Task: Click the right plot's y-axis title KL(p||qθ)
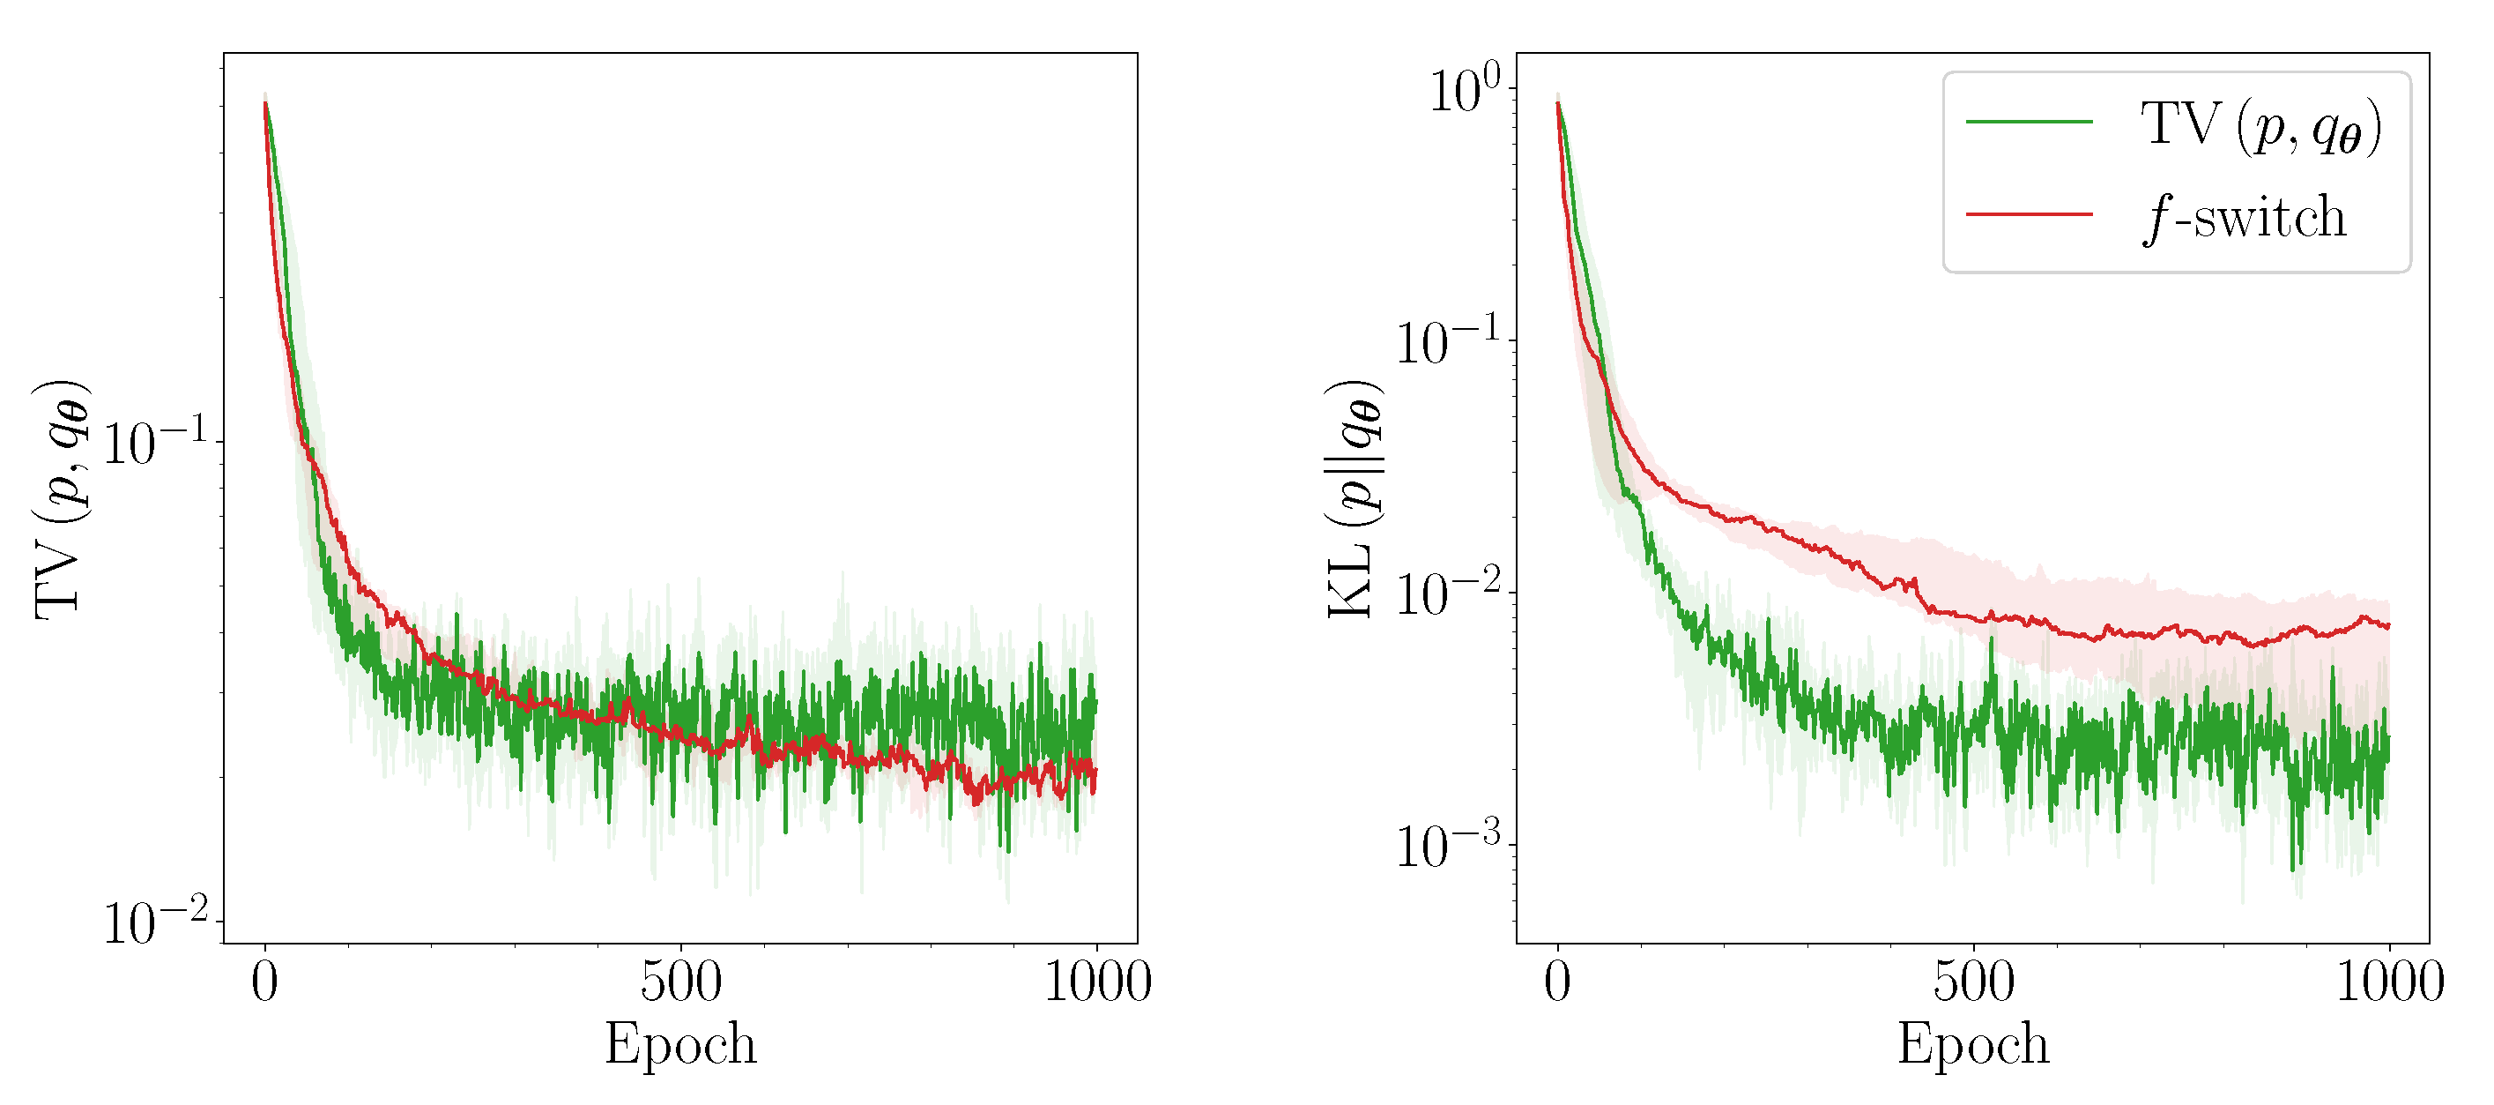[x=1354, y=500]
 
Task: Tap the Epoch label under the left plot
[x=680, y=1045]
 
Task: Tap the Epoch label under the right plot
[x=1973, y=1045]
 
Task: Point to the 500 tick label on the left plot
[x=680, y=982]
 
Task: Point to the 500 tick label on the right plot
[x=1973, y=982]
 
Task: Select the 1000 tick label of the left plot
[x=1097, y=982]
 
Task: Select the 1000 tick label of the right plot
[x=2389, y=982]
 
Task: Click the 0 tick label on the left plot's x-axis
[x=264, y=982]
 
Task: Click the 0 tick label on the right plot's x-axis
[x=1557, y=982]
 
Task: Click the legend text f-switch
[x=2245, y=218]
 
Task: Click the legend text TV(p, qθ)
[x=2260, y=127]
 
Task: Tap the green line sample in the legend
[x=2030, y=122]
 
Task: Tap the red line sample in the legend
[x=2030, y=214]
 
